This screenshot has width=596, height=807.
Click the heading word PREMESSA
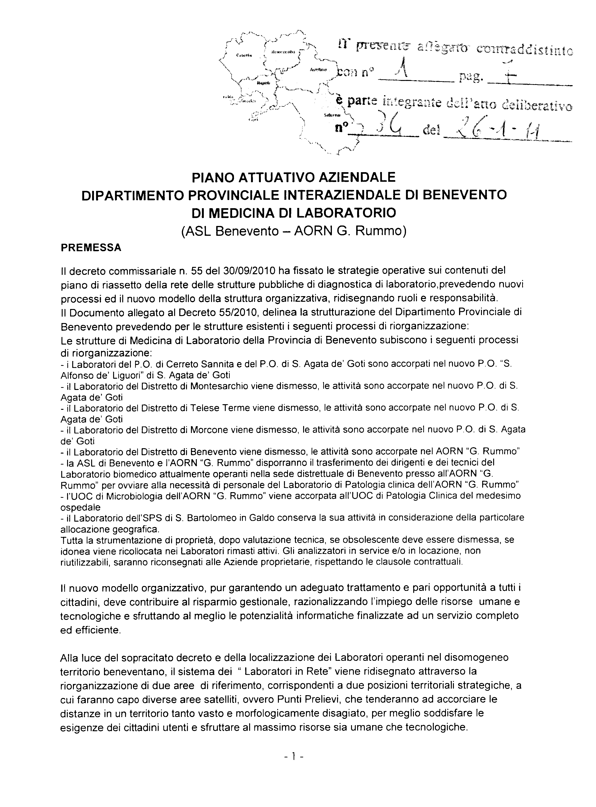pos(91,248)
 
